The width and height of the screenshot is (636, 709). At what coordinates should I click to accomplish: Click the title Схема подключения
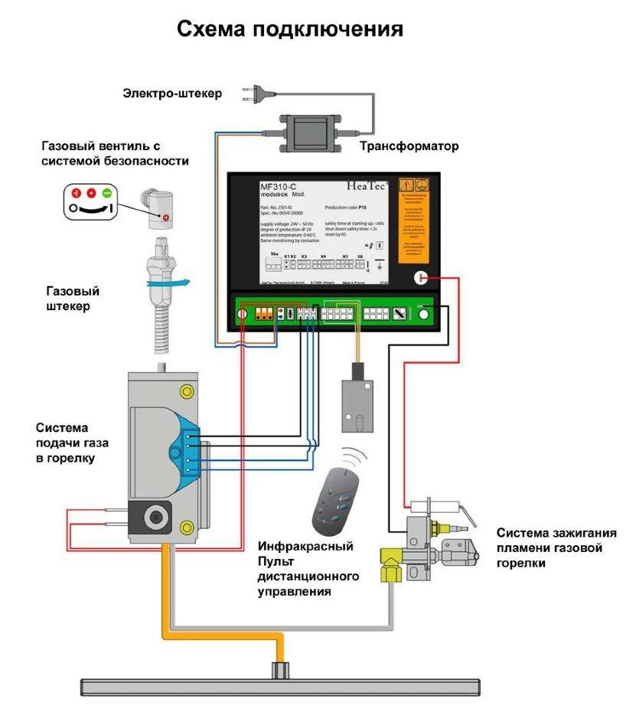pyautogui.click(x=290, y=30)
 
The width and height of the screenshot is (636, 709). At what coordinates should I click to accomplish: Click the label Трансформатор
pyautogui.click(x=410, y=145)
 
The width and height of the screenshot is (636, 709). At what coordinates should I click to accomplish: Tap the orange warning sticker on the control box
pyautogui.click(x=414, y=222)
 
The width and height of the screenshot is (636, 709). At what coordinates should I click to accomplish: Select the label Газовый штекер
pyautogui.click(x=73, y=299)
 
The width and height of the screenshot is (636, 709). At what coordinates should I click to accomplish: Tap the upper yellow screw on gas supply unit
pyautogui.click(x=185, y=391)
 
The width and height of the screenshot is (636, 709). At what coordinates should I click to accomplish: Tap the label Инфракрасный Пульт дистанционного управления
pyautogui.click(x=305, y=569)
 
